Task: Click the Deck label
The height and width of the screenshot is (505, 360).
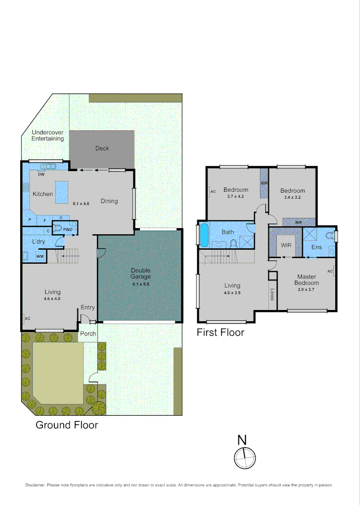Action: click(x=102, y=148)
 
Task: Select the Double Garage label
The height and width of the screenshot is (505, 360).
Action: click(x=141, y=273)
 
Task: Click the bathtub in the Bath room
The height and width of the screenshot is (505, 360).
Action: click(x=204, y=235)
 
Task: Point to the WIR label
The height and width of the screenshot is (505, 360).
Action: click(x=286, y=245)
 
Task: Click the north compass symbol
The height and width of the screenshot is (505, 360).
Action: click(x=245, y=458)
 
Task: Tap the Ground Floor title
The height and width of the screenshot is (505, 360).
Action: click(x=67, y=425)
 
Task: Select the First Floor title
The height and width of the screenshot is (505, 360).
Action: click(x=220, y=332)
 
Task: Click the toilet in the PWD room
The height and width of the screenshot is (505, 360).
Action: click(x=58, y=228)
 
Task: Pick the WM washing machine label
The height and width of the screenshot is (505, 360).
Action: click(x=40, y=256)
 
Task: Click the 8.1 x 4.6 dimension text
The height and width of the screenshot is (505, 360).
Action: click(x=81, y=204)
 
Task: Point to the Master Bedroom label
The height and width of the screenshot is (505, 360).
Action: click(x=307, y=280)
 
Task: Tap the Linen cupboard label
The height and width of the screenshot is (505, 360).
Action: click(x=272, y=295)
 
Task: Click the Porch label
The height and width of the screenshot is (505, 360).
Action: click(x=88, y=334)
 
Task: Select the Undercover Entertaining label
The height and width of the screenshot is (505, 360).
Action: click(x=47, y=136)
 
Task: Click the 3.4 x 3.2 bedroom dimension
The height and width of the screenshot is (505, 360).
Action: click(x=293, y=198)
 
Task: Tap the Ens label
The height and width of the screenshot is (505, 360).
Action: click(x=317, y=247)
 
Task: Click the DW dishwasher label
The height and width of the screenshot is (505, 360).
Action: click(x=41, y=175)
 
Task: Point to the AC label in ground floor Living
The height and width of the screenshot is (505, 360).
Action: click(x=27, y=318)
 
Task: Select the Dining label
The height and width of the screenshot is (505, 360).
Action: click(x=109, y=201)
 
